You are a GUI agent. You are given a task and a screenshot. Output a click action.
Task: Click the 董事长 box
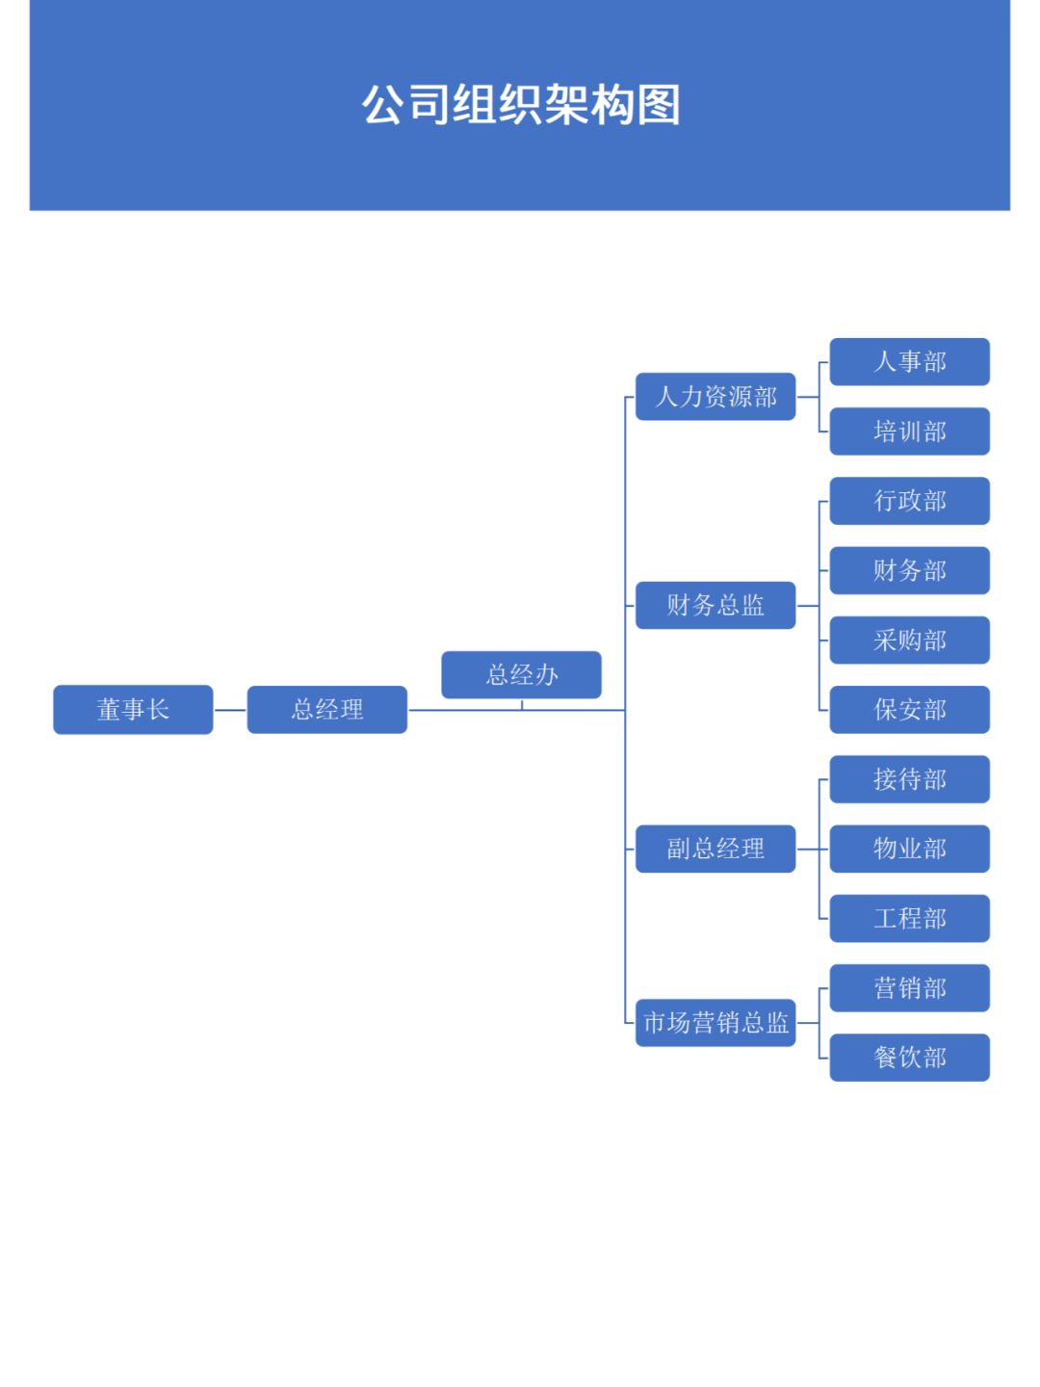click(133, 710)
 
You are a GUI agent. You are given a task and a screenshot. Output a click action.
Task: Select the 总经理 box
click(327, 710)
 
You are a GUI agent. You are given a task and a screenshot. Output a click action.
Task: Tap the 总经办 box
click(521, 674)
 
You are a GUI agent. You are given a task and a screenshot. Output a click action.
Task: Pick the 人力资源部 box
click(715, 397)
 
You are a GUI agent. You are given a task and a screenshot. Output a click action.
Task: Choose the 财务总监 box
click(715, 605)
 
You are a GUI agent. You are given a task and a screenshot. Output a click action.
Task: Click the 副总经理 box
click(715, 849)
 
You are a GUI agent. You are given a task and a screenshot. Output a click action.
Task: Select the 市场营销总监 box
click(715, 1023)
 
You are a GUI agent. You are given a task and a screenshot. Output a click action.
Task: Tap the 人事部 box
click(910, 362)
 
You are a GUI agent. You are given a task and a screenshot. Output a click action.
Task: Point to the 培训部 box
click(910, 432)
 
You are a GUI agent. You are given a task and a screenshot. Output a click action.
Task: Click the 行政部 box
click(910, 501)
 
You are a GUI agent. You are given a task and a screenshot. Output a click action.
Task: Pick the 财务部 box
click(910, 570)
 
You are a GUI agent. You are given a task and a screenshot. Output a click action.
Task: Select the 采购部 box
click(910, 641)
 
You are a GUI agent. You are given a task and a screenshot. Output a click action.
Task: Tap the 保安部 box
click(910, 710)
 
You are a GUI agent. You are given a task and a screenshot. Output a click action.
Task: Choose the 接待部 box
click(910, 779)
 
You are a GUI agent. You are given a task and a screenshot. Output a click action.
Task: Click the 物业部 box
click(910, 849)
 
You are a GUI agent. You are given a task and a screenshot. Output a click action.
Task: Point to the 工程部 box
click(910, 918)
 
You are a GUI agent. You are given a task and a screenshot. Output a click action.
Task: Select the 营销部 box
click(910, 988)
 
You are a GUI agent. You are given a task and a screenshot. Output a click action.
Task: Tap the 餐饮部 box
click(910, 1058)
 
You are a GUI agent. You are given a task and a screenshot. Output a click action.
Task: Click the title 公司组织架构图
click(521, 105)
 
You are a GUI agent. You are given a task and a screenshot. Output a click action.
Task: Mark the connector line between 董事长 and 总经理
click(230, 710)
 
